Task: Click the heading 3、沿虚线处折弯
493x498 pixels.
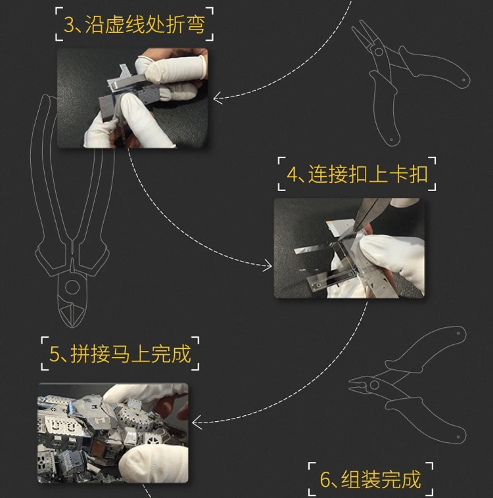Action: [x=134, y=24]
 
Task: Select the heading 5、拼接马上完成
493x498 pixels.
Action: [x=120, y=354]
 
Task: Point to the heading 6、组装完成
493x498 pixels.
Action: [x=370, y=479]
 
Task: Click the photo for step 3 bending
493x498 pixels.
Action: [x=132, y=98]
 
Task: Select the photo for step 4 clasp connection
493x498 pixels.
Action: [x=349, y=248]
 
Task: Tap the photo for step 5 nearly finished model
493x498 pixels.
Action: [x=113, y=432]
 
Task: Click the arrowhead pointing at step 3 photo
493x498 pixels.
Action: [x=216, y=99]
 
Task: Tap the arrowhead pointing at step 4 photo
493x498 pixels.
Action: [x=268, y=266]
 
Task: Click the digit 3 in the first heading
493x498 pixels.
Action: [x=69, y=25]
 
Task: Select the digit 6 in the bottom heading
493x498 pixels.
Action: [x=325, y=480]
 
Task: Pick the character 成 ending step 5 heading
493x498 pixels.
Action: [x=179, y=354]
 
